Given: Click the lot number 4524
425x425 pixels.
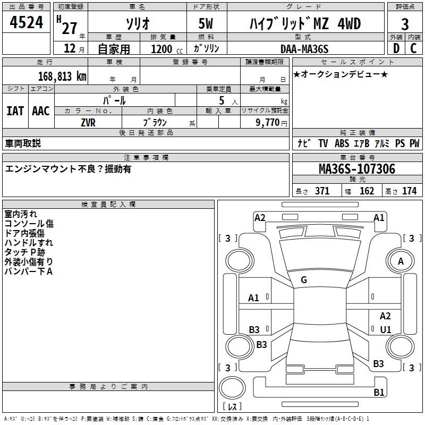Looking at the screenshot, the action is (x=27, y=23).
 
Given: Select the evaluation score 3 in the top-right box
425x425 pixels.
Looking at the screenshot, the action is (x=405, y=24).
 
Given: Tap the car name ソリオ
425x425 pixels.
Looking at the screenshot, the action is (x=137, y=23).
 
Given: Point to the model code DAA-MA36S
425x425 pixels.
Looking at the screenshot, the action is (x=304, y=49).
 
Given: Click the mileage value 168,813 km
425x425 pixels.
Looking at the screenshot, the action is (x=62, y=76).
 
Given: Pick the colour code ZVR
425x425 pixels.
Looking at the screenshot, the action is (x=88, y=122).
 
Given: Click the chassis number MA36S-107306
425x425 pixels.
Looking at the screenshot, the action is (x=356, y=169).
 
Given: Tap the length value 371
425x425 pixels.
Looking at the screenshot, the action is (x=322, y=191).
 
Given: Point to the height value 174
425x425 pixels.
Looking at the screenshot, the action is (x=409, y=191).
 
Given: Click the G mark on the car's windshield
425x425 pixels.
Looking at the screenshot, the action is (x=304, y=279).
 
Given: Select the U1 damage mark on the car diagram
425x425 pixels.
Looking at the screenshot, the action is (x=386, y=329).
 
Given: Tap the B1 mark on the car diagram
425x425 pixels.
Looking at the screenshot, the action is (x=379, y=393).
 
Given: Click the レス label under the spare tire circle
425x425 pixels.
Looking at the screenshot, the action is (x=232, y=407).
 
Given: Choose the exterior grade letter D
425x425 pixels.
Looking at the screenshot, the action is (x=396, y=48).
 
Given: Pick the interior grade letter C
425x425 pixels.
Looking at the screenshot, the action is (x=413, y=48).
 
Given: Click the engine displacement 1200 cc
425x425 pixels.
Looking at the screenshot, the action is (x=163, y=49).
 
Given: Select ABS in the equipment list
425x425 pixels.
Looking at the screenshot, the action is (x=342, y=143).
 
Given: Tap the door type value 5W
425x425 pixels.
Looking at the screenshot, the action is (x=207, y=23).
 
